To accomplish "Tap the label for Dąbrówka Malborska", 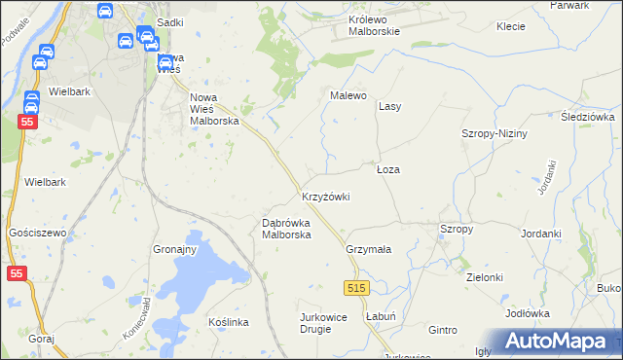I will pyautogui.click(x=286, y=229).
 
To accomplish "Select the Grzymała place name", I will pyautogui.click(x=369, y=249).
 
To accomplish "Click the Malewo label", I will pyautogui.click(x=348, y=96).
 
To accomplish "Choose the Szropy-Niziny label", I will pyautogui.click(x=495, y=134).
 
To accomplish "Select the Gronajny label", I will pyautogui.click(x=175, y=249).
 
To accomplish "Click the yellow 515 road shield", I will pyautogui.click(x=357, y=288).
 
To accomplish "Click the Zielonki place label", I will pyautogui.click(x=485, y=277).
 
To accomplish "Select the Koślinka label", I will pyautogui.click(x=230, y=322).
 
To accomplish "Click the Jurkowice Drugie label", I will pyautogui.click(x=329, y=323).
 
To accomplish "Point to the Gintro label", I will pyautogui.click(x=442, y=331).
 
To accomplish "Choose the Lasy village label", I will pyautogui.click(x=390, y=106).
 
